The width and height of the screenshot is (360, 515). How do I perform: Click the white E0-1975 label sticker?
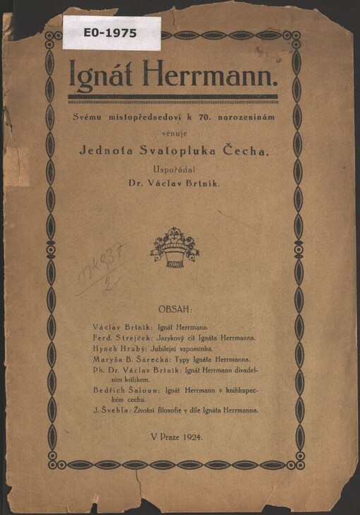click(x=111, y=32)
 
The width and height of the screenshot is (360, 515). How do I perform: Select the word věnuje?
click(x=179, y=131)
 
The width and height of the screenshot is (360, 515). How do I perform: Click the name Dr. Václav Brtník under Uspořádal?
click(x=179, y=183)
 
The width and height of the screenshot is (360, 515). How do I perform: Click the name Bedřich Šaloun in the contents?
click(x=124, y=390)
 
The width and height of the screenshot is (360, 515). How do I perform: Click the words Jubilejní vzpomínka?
click(x=181, y=349)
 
